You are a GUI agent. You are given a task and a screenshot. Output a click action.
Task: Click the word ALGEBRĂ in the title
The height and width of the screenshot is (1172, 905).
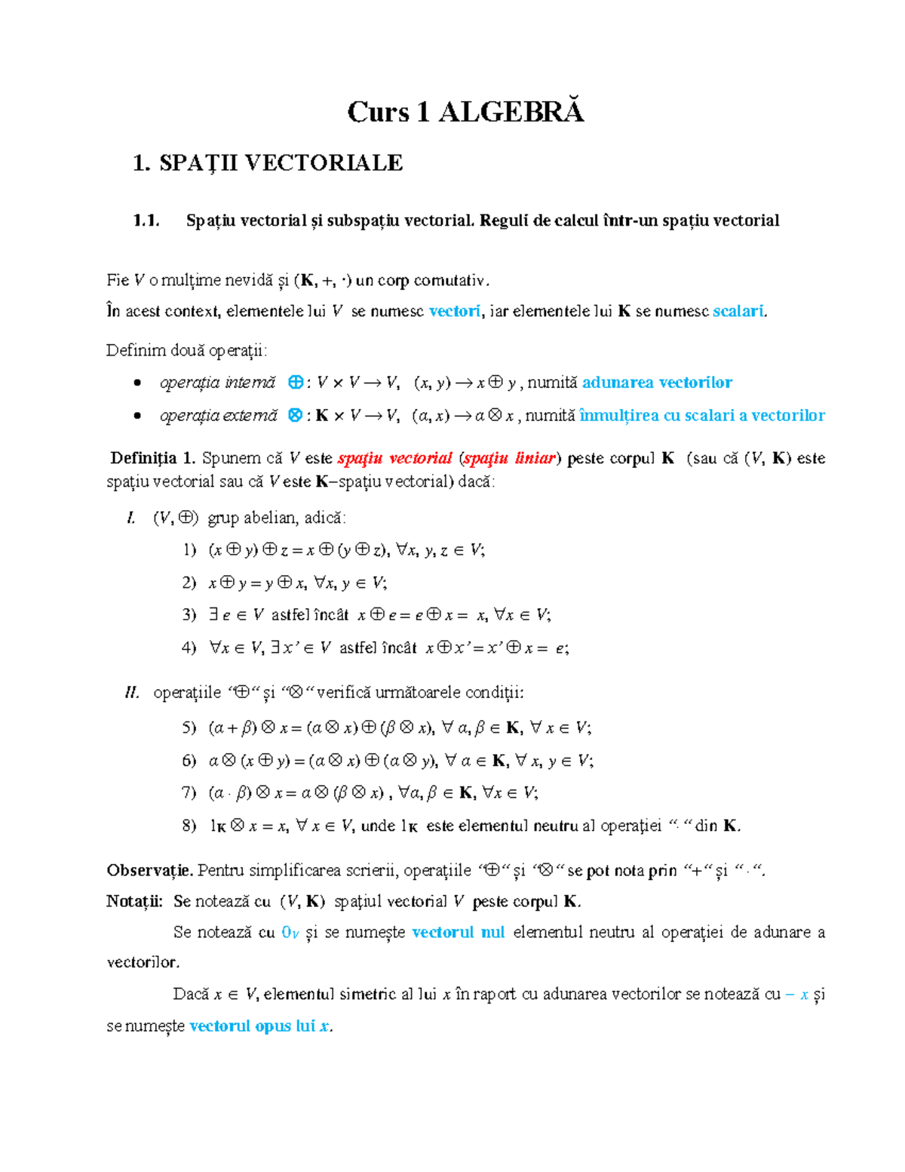coord(511,112)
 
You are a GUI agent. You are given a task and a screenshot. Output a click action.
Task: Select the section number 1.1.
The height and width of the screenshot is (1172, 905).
coord(146,221)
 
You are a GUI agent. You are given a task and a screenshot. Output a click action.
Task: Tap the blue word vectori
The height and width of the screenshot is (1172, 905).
coord(454,311)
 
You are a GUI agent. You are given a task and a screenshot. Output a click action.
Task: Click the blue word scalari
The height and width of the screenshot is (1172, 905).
coord(738,311)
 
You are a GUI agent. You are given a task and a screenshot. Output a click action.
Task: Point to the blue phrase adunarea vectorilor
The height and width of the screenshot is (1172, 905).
coord(657,383)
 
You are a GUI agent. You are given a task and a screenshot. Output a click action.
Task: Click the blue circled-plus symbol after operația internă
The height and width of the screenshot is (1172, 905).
coord(296,383)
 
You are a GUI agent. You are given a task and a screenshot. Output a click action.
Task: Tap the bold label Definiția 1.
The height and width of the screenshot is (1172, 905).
coord(153,458)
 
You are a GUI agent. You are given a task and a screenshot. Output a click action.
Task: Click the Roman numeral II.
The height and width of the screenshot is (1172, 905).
coord(132,692)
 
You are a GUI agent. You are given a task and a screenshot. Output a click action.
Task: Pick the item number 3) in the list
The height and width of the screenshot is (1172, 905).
coord(189,615)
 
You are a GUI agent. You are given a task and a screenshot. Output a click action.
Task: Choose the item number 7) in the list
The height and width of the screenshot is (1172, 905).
coord(189,792)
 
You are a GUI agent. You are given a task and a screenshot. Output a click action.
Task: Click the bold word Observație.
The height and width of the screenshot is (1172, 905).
coord(149,870)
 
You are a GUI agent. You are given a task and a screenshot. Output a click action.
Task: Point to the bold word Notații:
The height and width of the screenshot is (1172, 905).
coord(134,901)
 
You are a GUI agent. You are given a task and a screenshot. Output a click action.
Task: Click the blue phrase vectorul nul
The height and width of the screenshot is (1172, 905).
coord(458,932)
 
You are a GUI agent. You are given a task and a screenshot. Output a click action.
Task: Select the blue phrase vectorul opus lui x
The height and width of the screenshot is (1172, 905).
coord(260,1026)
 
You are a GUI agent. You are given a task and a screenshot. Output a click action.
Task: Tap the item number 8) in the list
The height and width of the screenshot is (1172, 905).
coord(189,826)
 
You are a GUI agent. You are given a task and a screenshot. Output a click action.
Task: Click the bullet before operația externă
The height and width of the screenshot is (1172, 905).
coord(137,416)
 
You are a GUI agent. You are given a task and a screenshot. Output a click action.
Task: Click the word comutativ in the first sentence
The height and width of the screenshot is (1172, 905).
coord(450,281)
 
